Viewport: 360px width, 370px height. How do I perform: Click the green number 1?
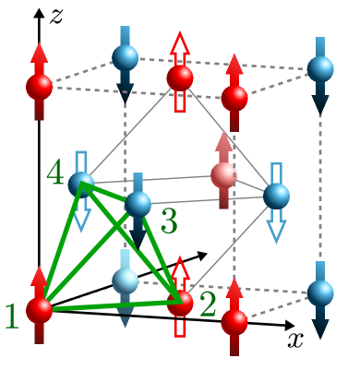click(x=12, y=316)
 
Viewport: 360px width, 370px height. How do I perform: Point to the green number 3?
click(x=169, y=221)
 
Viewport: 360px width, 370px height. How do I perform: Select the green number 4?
click(x=55, y=173)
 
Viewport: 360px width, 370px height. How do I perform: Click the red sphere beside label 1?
click(x=39, y=310)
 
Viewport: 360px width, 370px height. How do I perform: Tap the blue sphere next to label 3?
click(x=138, y=204)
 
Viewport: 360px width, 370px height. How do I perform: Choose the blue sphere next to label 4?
click(x=81, y=185)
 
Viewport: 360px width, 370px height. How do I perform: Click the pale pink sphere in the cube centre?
click(x=223, y=175)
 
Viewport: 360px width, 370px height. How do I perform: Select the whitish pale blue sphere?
click(x=126, y=280)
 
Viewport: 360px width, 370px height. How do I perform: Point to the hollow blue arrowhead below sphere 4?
click(x=81, y=222)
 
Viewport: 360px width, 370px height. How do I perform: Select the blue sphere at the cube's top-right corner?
click(x=320, y=68)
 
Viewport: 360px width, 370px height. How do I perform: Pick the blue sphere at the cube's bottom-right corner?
click(x=320, y=292)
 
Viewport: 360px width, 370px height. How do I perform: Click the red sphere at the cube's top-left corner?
click(x=39, y=87)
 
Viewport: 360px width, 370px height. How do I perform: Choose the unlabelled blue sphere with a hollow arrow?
click(x=276, y=196)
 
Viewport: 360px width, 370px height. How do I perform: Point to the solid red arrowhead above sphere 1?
click(x=39, y=276)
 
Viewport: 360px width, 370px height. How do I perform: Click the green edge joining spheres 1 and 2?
click(x=111, y=305)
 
